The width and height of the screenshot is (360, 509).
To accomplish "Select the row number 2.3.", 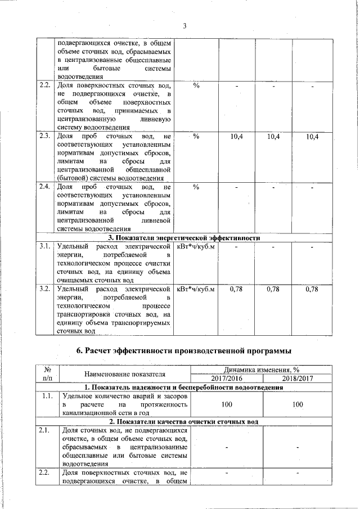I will [x=45, y=137].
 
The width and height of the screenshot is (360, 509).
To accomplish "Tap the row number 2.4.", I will [x=45, y=187].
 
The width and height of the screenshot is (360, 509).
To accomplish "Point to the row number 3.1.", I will [x=45, y=246].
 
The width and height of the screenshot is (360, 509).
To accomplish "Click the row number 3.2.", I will [x=45, y=289].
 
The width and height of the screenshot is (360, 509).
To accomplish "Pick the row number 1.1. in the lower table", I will [x=47, y=397].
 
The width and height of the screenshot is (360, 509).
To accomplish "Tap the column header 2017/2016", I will [x=227, y=379].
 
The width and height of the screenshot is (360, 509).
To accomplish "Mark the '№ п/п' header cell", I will [x=47, y=374].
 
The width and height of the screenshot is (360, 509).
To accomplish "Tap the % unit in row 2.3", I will [x=196, y=137].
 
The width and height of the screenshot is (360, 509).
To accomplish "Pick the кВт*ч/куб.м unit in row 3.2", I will [x=196, y=289].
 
